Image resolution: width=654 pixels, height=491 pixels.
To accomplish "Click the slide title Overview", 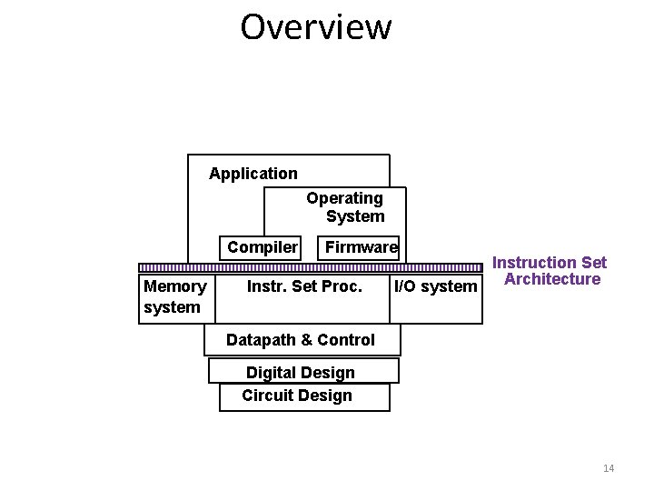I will tap(315, 27).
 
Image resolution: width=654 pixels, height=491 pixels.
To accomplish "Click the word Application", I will tap(253, 174).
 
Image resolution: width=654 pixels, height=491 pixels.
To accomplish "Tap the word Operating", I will tap(344, 198).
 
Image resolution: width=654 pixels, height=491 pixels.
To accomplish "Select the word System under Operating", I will tap(355, 216).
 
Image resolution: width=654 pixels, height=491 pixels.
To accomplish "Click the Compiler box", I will tap(263, 247).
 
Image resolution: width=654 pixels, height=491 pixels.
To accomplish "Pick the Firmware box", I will tap(361, 247).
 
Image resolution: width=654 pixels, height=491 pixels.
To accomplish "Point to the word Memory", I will tap(174, 286).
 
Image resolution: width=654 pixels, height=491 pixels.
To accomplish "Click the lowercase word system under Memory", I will tap(172, 307).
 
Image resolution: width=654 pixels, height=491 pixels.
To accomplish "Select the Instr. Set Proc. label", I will tap(305, 287).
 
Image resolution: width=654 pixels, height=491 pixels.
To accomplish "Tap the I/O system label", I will tap(435, 287).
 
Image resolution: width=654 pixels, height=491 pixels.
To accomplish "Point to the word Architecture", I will tap(552, 279).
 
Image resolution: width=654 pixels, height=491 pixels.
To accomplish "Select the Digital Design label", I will tap(301, 373).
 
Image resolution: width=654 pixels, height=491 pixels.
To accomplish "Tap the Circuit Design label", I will tap(297, 396).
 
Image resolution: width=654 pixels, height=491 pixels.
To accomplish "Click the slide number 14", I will tap(609, 468).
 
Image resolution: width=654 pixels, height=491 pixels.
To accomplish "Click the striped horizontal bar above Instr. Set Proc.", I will tap(310, 267).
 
